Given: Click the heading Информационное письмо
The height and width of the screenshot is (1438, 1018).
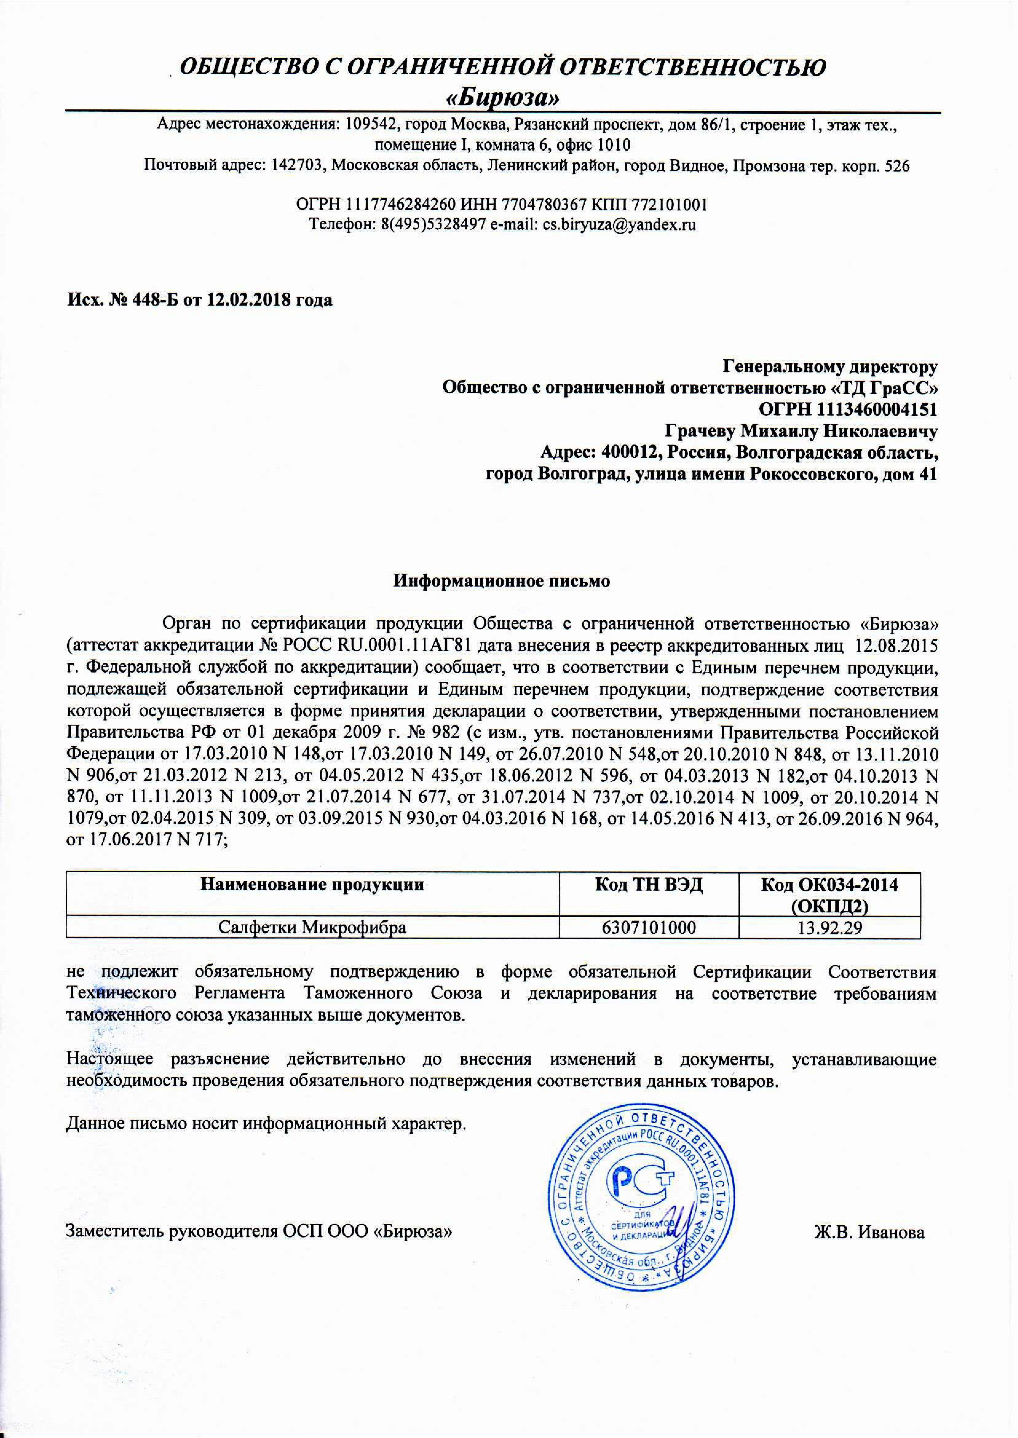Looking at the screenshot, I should coord(502,580).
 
